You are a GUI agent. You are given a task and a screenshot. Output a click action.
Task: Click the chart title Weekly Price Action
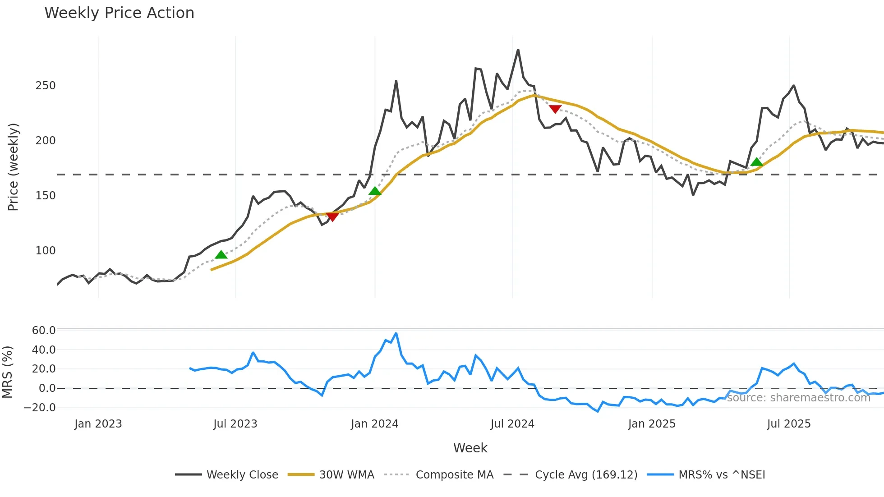click(x=119, y=13)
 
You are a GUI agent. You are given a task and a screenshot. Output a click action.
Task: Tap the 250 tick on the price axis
click(x=46, y=86)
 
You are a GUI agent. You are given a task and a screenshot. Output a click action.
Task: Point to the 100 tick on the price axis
click(x=46, y=251)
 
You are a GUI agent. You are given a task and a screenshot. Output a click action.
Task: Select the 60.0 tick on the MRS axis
click(x=44, y=331)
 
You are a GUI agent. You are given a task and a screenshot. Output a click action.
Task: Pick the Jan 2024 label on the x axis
click(x=374, y=424)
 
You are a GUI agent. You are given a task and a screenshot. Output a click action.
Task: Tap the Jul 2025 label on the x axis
click(x=788, y=424)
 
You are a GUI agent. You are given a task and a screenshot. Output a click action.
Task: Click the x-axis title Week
click(x=470, y=448)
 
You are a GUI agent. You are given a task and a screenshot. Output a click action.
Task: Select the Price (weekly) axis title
click(x=13, y=167)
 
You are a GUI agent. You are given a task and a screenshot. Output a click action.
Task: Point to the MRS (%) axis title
click(x=7, y=372)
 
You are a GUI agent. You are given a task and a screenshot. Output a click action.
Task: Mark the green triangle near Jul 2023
click(x=221, y=255)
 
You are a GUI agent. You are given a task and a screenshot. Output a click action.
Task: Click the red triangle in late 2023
click(x=332, y=217)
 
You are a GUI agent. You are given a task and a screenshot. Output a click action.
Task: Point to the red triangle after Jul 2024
click(x=555, y=109)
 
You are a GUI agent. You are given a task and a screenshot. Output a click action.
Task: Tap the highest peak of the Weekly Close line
click(x=518, y=50)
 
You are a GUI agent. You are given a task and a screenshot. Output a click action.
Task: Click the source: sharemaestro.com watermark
click(x=798, y=398)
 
